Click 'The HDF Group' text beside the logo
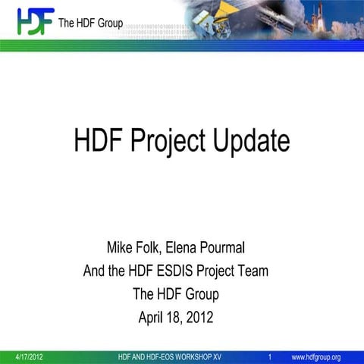click(90, 22)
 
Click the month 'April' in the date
click(154, 317)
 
